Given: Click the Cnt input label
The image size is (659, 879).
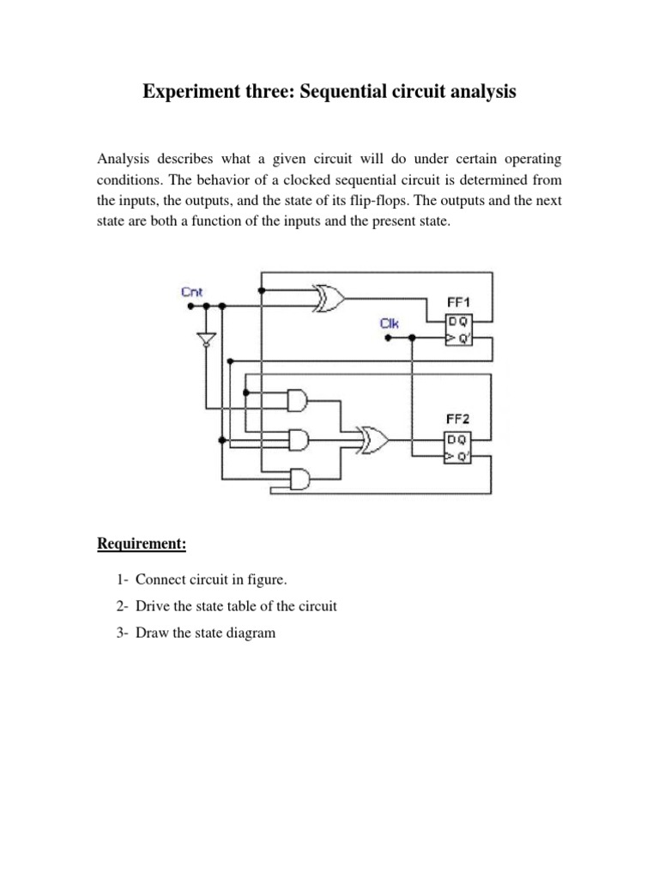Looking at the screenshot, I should point(191,292).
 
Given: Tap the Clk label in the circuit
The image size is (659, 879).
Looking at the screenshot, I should point(390,324).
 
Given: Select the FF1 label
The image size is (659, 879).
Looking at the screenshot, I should point(459,303).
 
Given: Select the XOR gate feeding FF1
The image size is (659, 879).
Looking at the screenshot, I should point(329,298).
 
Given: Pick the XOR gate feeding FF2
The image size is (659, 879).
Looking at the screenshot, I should point(374,441).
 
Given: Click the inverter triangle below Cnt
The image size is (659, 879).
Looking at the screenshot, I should point(205,339).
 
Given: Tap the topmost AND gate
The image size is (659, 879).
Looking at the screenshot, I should point(298,399).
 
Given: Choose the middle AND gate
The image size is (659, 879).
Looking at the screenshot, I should point(298,440).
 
